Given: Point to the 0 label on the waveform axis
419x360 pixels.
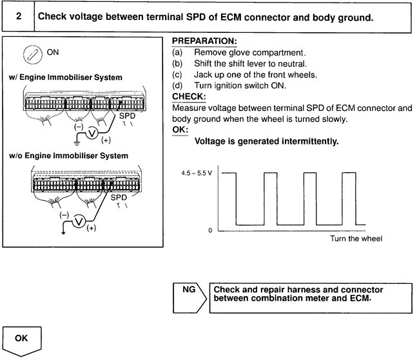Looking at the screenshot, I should [x=211, y=230].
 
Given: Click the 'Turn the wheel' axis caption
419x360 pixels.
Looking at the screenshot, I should [x=352, y=239].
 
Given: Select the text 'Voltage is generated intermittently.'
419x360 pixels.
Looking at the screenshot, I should [x=266, y=141].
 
